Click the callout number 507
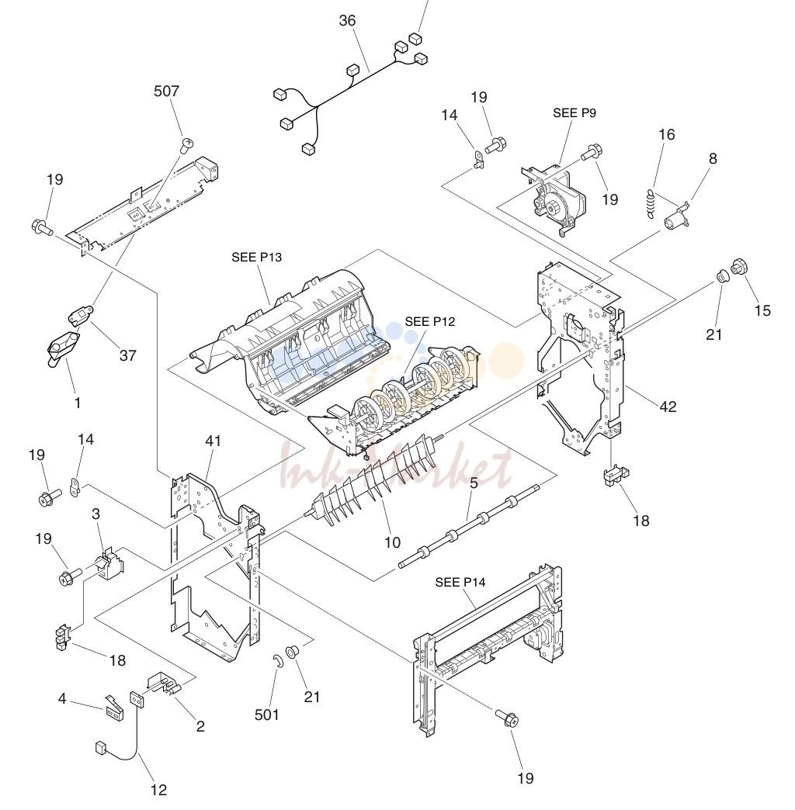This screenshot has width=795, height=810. coord(166,92)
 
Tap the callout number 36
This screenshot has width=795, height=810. coord(347,21)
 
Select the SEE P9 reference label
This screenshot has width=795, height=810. coord(575,113)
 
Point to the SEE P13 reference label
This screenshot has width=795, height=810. coord(256,258)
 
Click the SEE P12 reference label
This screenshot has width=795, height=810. coord(430,321)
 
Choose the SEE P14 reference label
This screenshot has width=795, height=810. coord(460,582)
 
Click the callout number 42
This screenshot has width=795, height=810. coord(668,407)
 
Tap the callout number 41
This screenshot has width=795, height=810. coord(213,441)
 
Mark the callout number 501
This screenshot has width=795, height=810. coord(267,715)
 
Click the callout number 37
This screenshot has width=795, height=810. coord(127,355)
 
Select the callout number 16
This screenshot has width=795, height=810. coord(667,135)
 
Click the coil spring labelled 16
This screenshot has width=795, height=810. coord(651,204)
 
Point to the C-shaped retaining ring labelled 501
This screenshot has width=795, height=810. coord(277,661)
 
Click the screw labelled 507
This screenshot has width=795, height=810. coord(187,144)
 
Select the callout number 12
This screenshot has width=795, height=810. coord(158,790)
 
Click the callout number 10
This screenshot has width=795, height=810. coord(392,543)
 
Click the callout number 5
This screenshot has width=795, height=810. coord(474,483)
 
